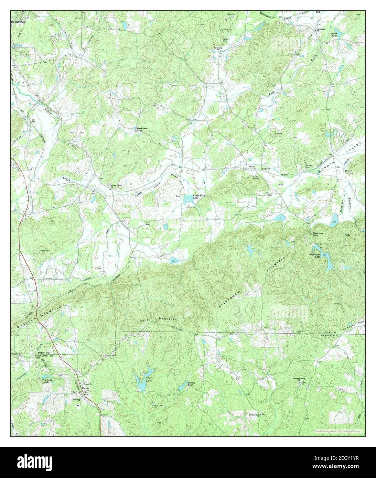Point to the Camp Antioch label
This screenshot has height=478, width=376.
(255, 177)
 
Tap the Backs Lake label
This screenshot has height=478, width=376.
(334, 34)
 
